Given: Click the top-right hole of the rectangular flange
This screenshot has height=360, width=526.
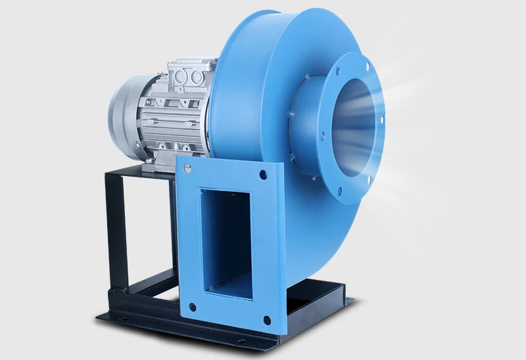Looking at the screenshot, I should tap(263, 175).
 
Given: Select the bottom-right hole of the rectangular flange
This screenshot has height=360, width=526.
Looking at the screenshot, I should tap(266, 320).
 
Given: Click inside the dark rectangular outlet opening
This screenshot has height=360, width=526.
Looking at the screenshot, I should tap(227, 243).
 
